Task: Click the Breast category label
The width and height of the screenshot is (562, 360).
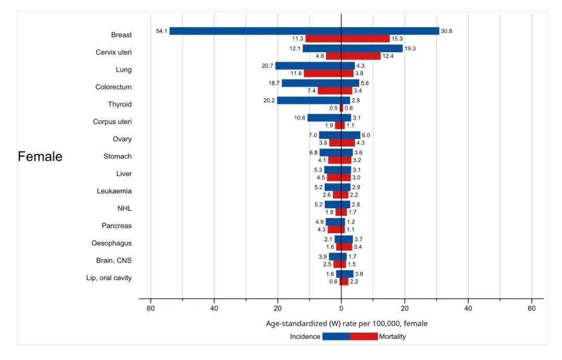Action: click(121, 35)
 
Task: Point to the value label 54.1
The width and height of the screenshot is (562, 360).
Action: click(162, 31)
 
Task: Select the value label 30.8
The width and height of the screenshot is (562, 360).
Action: click(446, 31)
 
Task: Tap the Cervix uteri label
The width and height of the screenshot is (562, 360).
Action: click(113, 52)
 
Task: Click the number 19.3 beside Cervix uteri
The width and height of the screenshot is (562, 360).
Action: click(409, 49)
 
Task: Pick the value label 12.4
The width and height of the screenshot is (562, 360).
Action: click(387, 56)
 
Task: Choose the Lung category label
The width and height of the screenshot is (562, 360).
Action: click(123, 70)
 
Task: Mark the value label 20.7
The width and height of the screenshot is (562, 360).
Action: click(268, 66)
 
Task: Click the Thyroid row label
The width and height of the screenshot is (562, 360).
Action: click(120, 104)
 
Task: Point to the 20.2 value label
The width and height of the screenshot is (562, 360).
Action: click(269, 100)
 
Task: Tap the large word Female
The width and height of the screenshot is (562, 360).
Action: click(40, 156)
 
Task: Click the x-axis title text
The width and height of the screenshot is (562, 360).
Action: click(346, 324)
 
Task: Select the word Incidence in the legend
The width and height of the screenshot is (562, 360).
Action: click(305, 337)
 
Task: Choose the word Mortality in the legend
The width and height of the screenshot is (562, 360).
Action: click(392, 337)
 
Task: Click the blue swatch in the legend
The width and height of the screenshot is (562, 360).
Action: click(336, 337)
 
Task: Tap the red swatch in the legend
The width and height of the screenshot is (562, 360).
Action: click(364, 337)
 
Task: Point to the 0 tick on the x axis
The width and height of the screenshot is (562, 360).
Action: click(341, 308)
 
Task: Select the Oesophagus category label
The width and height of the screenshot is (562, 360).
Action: click(111, 243)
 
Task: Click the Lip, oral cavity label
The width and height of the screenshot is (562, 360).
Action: click(109, 278)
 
